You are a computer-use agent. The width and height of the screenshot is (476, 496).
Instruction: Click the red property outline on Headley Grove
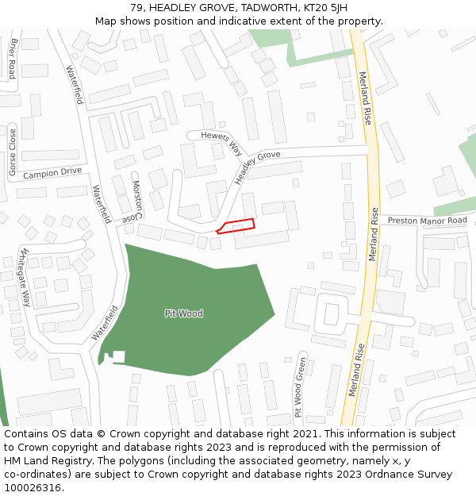point(236,225)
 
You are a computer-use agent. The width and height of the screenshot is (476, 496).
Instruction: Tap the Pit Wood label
point(183,313)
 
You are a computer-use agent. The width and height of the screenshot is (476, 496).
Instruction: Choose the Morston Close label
point(138,200)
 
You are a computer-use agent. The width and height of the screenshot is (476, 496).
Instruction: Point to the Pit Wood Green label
point(300,386)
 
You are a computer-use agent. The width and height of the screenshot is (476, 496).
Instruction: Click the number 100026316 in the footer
point(32,488)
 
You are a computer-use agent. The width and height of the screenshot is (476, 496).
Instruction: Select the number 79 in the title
point(136,8)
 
